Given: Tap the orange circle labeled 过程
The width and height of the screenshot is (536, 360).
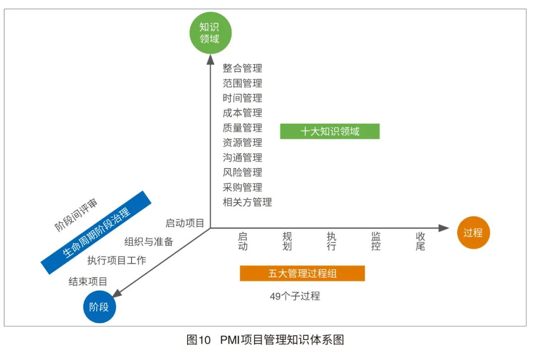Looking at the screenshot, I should (473, 232).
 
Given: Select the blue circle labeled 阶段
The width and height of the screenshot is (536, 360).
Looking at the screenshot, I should (99, 307).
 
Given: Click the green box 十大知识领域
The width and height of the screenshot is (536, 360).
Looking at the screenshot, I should (330, 131).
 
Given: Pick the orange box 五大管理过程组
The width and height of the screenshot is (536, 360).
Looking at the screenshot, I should (302, 273).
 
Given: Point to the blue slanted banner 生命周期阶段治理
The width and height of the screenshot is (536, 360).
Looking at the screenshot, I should (97, 233).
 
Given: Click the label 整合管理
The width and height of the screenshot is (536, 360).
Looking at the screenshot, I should (242, 68).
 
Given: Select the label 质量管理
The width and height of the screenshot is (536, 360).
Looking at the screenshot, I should (242, 127).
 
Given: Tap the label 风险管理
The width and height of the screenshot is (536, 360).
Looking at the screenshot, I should (242, 172).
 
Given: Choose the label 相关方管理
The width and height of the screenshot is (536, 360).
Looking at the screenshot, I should (247, 202).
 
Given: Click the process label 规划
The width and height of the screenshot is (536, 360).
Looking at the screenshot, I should (287, 241).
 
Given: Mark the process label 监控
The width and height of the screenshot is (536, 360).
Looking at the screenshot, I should (376, 241).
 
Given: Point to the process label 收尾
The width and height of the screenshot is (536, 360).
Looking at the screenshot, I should (420, 241).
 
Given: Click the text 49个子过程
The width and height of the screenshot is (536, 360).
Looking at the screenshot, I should (295, 297).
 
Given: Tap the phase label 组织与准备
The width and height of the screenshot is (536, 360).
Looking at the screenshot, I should (148, 241).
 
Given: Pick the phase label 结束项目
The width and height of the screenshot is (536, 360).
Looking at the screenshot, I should (88, 282).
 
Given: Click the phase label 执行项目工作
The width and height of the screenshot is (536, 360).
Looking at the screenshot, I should (117, 260).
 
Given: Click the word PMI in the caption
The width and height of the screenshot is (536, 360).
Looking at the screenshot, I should (229, 340).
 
